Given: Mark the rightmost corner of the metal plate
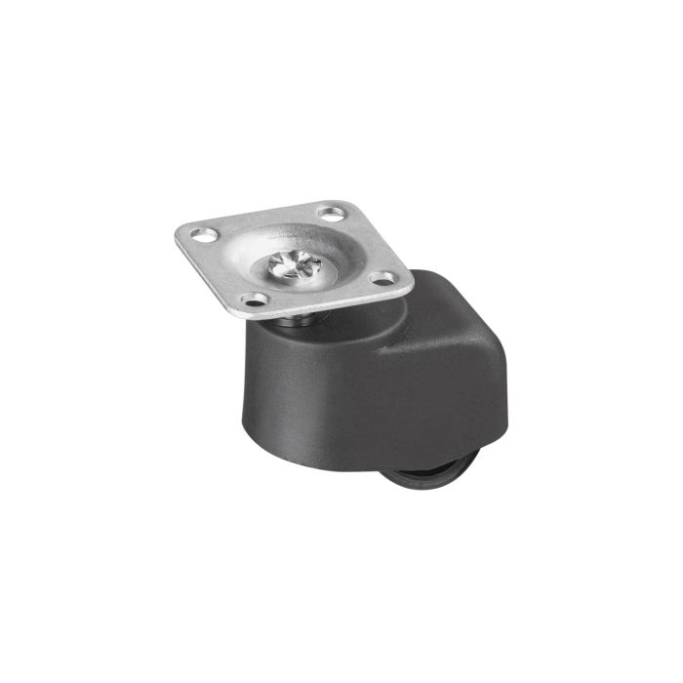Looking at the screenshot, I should pyautogui.click(x=413, y=280).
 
